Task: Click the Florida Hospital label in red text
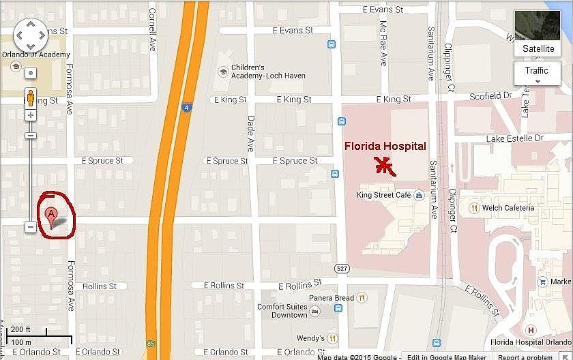pyautogui.click(x=385, y=146)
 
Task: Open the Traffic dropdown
pyautogui.click(x=537, y=73)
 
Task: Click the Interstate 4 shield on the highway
pyautogui.click(x=186, y=107)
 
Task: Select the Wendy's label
pyautogui.click(x=310, y=338)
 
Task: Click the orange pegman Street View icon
pyautogui.click(x=31, y=98)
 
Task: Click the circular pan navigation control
pyautogui.click(x=31, y=34)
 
